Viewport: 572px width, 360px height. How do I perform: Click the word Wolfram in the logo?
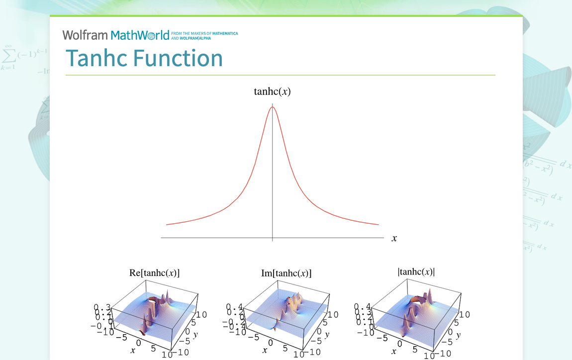pyautogui.click(x=85, y=35)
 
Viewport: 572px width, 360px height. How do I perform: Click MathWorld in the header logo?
pyautogui.click(x=140, y=35)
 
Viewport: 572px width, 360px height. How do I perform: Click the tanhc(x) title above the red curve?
pyautogui.click(x=272, y=91)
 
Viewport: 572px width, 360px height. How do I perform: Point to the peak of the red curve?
pyautogui.click(x=272, y=107)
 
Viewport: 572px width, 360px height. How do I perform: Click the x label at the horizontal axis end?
pyautogui.click(x=394, y=238)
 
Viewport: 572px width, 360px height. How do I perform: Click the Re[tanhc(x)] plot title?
pyautogui.click(x=155, y=272)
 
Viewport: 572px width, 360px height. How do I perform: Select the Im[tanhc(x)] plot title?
pyautogui.click(x=286, y=273)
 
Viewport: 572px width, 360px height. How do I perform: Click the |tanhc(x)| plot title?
pyautogui.click(x=416, y=271)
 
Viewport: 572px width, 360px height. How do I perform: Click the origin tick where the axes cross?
pyautogui.click(x=272, y=238)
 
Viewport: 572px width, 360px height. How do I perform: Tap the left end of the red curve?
pyautogui.click(x=167, y=225)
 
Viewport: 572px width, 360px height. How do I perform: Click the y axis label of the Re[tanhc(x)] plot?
pyautogui.click(x=195, y=334)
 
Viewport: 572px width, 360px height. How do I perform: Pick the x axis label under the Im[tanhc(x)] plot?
pyautogui.click(x=265, y=351)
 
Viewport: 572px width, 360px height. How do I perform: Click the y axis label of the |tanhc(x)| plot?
pyautogui.click(x=458, y=335)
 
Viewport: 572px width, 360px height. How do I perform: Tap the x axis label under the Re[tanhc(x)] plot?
pyautogui.click(x=133, y=351)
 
